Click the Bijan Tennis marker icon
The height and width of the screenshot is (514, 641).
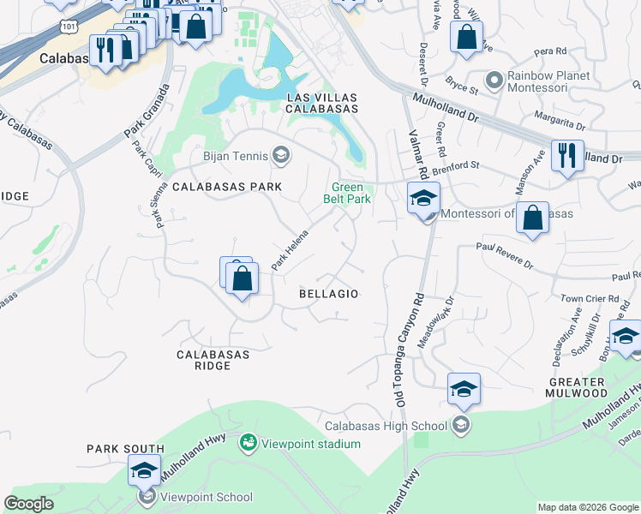pos(280,155)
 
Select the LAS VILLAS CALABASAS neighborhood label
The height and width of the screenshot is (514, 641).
pos(321,103)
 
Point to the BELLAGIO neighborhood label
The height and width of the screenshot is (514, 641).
pos(328,294)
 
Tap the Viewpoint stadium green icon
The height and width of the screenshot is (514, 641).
pos(249,442)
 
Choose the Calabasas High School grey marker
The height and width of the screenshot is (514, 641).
pos(461,425)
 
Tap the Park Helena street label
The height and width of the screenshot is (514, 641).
pos(290,253)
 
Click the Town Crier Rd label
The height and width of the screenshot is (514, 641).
pos(584,298)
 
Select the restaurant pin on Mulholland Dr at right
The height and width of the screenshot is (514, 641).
pos(567,156)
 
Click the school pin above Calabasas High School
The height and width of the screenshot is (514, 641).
pos(464,389)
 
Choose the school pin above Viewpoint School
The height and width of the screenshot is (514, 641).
pos(144,469)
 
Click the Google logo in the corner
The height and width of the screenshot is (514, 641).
pos(28,504)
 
